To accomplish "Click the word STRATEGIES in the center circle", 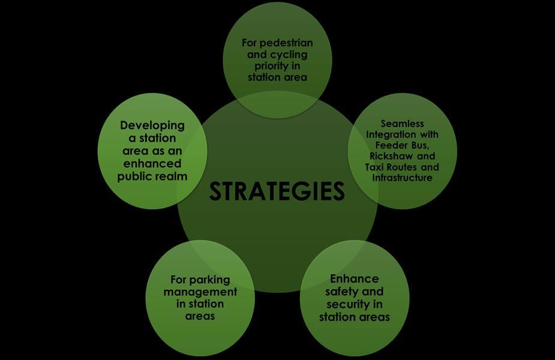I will (x=277, y=191).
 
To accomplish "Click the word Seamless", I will (x=402, y=124).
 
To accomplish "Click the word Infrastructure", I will (x=402, y=178).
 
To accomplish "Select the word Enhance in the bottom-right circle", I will (x=355, y=279).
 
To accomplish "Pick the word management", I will (x=200, y=292).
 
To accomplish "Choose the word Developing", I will (x=152, y=125).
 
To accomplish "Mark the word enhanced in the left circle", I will (x=152, y=163).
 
